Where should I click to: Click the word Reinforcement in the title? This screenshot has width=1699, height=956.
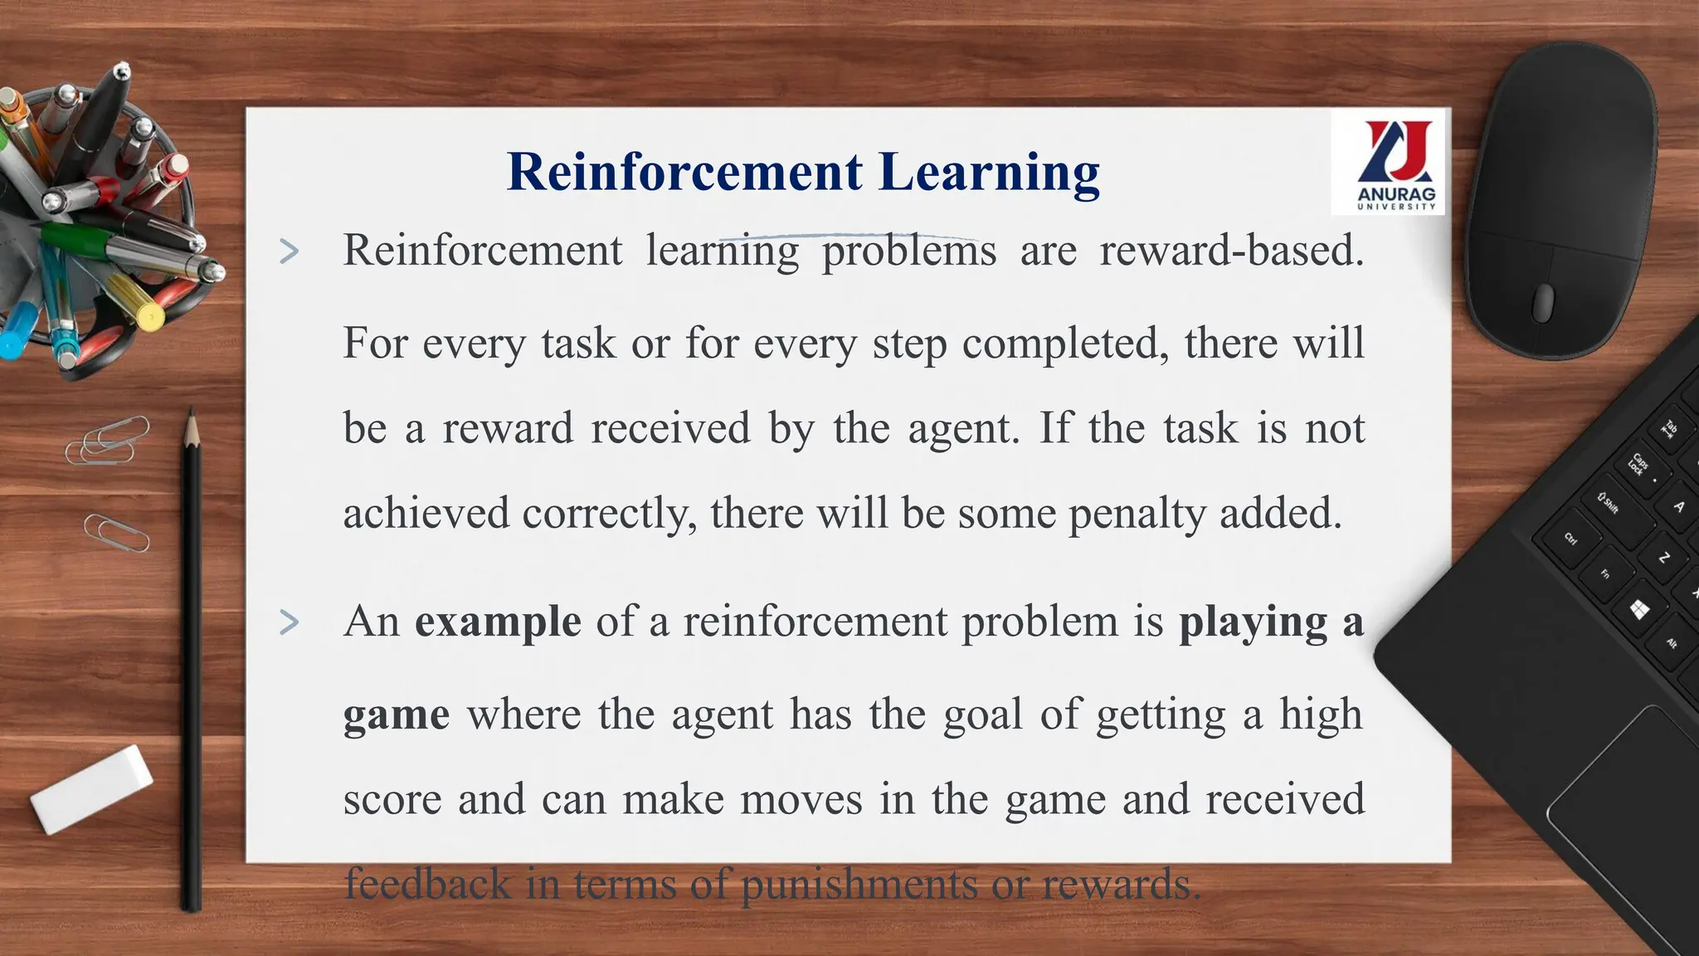coord(685,172)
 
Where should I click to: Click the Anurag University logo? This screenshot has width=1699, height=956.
coord(1388,163)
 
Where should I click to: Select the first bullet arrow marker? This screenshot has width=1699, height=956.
coord(289,251)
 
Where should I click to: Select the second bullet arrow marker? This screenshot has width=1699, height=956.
coord(289,622)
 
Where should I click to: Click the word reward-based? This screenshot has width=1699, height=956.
coord(1231,251)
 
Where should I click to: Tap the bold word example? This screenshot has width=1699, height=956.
coord(498,622)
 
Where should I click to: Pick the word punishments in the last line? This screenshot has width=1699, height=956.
coord(858,884)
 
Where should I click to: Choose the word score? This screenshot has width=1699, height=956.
coord(392,799)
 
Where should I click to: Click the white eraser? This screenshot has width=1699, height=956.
coord(91,788)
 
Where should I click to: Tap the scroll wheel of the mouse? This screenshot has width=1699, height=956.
coord(1543,302)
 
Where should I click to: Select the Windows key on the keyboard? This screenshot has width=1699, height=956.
coord(1638,611)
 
